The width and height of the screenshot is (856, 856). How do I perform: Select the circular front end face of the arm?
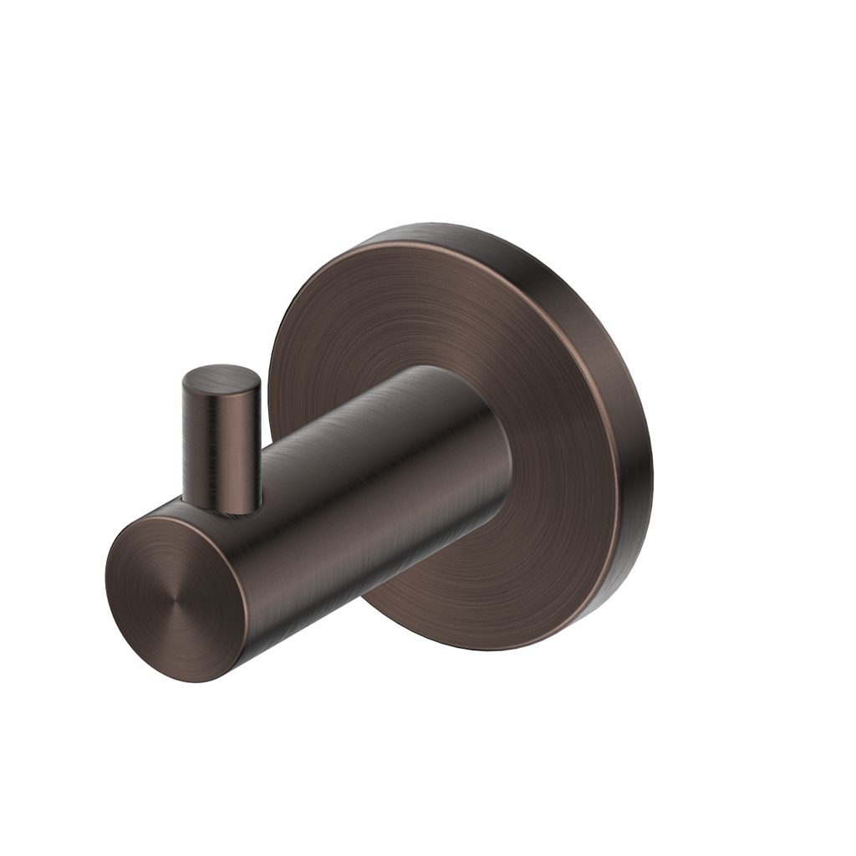[176, 598]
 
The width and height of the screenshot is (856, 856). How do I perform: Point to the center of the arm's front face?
[176, 599]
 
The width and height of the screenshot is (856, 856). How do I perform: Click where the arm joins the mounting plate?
[502, 468]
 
